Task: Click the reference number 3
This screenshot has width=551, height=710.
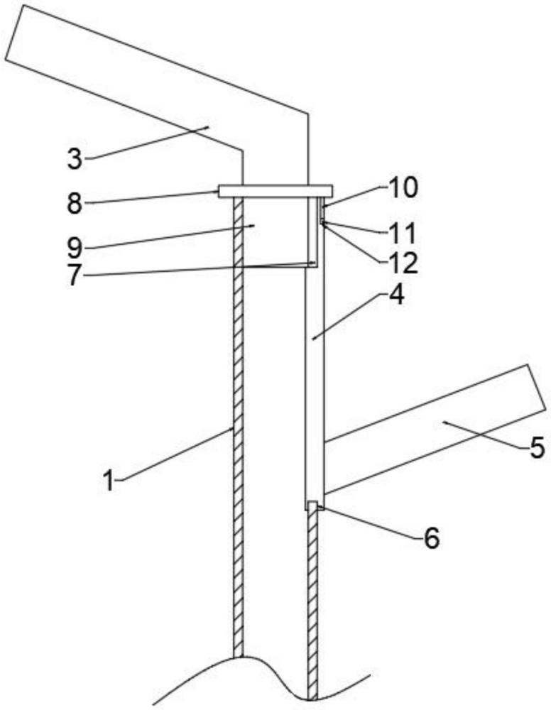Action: pos(75,158)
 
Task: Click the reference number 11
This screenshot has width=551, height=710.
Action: pos(403,233)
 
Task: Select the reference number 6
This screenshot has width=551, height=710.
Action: pos(431,537)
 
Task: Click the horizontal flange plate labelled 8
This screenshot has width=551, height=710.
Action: pos(275,191)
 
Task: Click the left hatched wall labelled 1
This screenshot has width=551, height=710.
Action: pos(239,426)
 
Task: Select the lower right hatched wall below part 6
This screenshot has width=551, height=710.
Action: pos(312,603)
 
